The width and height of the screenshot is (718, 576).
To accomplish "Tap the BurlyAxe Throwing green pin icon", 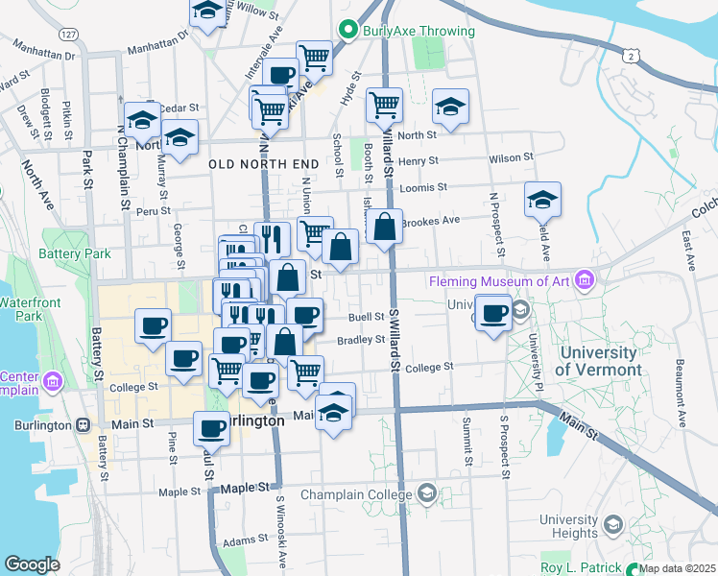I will (x=350, y=31).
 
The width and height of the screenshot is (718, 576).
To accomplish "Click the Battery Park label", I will (x=69, y=254).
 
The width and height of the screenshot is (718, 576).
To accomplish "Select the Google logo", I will (x=32, y=564).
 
